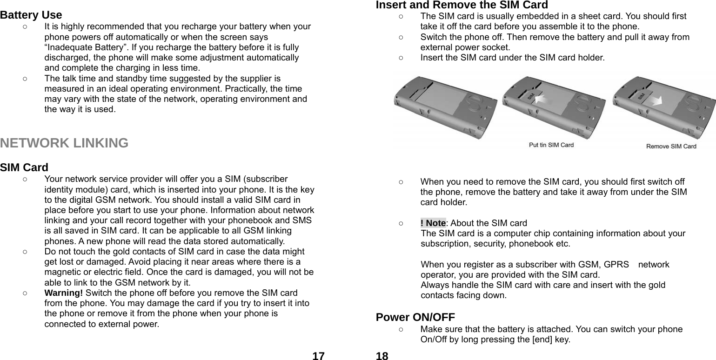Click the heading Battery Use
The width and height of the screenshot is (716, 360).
coord(31,15)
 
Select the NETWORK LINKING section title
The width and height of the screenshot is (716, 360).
coord(64,143)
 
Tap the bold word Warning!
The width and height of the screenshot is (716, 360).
coord(64,293)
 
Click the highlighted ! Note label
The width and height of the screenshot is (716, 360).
coord(433,223)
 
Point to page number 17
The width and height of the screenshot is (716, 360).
coord(318,356)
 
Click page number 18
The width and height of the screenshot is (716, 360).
coord(382,356)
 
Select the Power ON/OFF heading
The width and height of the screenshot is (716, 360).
coord(415,317)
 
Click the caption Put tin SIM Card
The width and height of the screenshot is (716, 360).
coord(551,145)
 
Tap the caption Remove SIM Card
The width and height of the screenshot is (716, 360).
coord(671,146)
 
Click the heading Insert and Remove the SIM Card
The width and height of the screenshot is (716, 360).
coord(462,5)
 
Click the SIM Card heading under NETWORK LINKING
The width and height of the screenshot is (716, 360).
coord(24,167)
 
